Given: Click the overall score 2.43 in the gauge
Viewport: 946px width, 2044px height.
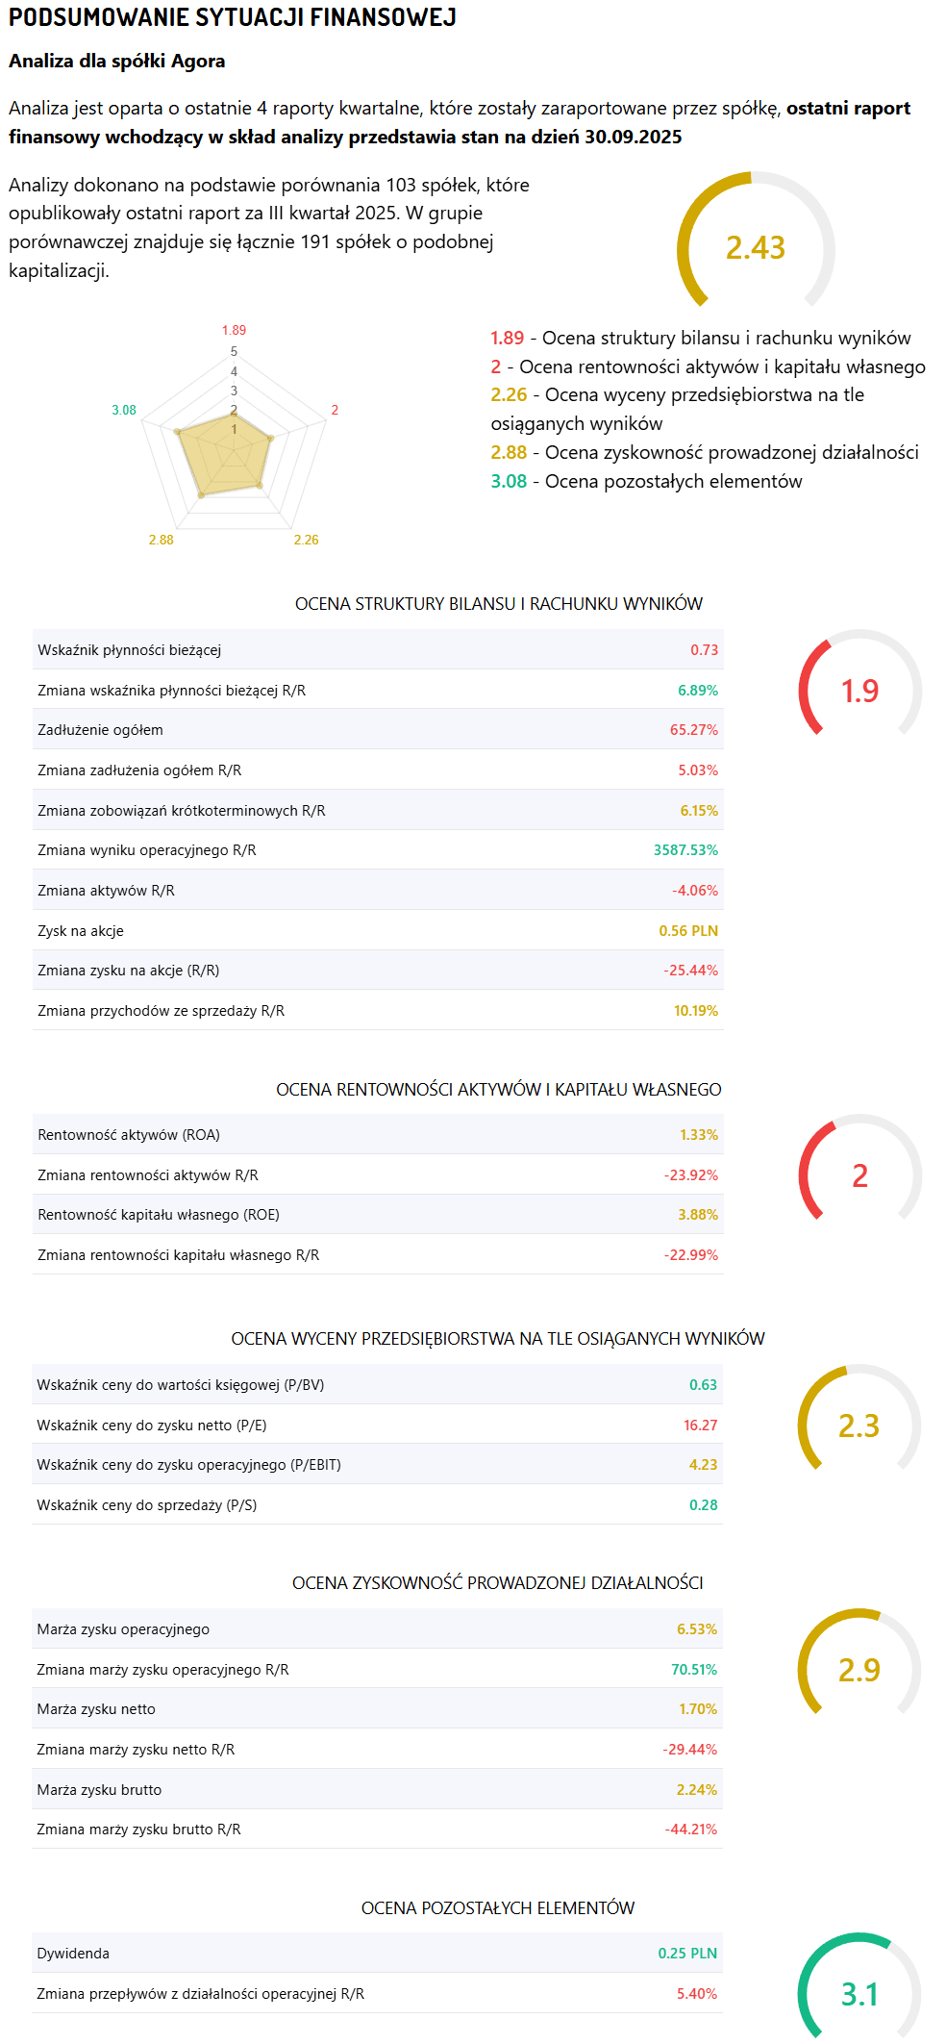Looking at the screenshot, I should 755,248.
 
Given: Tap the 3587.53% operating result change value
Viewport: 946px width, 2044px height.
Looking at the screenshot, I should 685,850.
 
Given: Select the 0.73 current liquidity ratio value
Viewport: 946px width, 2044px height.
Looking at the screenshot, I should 704,650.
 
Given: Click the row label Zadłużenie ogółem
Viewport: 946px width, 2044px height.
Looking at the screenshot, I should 100,730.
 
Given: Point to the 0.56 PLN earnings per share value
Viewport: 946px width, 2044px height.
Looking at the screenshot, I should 688,931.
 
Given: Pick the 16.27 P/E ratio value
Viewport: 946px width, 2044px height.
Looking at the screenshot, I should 700,1426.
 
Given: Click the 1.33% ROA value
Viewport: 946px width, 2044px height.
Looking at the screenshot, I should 699,1135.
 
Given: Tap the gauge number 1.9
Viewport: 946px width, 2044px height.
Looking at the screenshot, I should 859,691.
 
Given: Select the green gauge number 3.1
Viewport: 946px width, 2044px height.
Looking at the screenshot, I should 859,1994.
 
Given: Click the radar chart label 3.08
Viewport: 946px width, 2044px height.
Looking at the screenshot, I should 124,411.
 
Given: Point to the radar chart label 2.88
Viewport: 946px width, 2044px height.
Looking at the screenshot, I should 161,541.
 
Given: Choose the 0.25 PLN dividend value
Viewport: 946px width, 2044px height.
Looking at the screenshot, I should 687,1954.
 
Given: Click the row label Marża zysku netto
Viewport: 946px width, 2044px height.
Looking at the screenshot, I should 96,1709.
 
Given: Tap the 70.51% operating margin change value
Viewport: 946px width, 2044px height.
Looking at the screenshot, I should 694,1670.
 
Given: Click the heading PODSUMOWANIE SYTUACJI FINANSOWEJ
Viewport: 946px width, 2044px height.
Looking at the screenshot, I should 233,17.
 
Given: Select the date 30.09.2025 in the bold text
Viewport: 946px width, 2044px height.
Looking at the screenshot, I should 633,137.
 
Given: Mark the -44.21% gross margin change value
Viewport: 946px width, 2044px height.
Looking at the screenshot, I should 691,1830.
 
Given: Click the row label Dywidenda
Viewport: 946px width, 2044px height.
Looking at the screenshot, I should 73,1954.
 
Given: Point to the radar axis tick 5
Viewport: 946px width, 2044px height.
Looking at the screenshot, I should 234,352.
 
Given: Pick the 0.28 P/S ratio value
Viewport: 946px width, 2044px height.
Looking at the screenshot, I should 703,1505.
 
